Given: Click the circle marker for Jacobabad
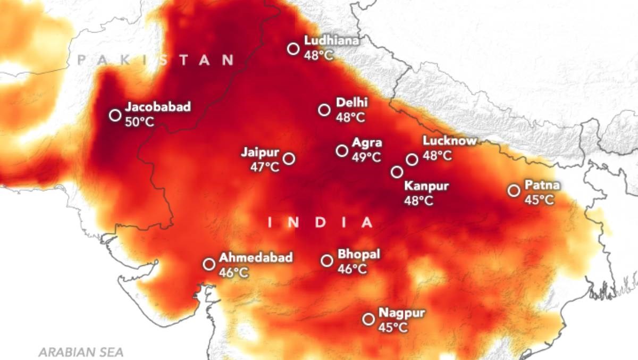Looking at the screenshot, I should click(115, 115).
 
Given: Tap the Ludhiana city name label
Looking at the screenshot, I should click(324, 40).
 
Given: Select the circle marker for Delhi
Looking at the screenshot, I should click(324, 110).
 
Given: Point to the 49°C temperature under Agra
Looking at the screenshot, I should click(366, 157).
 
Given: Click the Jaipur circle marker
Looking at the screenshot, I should click(289, 158).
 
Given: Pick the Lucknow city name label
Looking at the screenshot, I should click(449, 141).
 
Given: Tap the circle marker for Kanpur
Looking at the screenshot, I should click(397, 172).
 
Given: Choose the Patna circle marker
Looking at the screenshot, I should click(514, 190).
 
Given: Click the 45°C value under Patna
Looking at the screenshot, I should click(539, 200).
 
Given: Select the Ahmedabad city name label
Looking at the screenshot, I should click(256, 258).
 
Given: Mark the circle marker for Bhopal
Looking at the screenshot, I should click(327, 261).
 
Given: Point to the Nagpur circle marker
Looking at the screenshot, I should click(368, 319).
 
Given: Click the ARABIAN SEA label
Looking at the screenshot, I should click(81, 352).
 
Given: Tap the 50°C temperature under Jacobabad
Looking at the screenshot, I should click(139, 122).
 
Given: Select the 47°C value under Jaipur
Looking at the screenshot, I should click(265, 167).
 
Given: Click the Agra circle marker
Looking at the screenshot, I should click(342, 150).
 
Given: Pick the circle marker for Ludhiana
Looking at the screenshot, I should click(293, 49).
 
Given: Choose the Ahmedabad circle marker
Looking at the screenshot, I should click(209, 264).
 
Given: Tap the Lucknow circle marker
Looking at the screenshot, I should click(412, 160).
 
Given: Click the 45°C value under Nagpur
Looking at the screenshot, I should click(393, 328).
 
